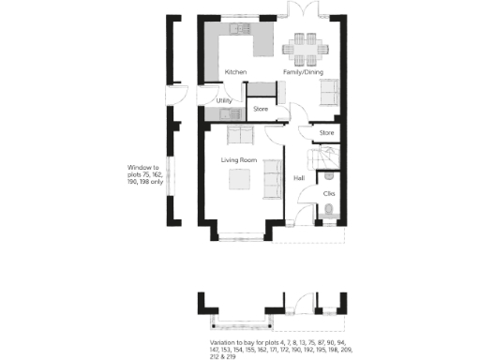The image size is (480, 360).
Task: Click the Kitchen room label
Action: pyautogui.click(x=235, y=71)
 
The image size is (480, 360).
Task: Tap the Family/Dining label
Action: pyautogui.click(x=303, y=71)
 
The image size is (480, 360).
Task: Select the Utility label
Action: pyautogui.click(x=224, y=100)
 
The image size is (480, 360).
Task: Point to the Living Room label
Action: pyautogui.click(x=239, y=160)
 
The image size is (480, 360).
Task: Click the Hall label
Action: pyautogui.click(x=299, y=176)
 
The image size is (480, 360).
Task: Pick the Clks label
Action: pyautogui.click(x=328, y=194)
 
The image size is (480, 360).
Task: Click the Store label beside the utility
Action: pyautogui.click(x=262, y=110)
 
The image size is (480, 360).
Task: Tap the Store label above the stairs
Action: pyautogui.click(x=326, y=133)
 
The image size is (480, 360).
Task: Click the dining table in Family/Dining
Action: pyautogui.click(x=306, y=44)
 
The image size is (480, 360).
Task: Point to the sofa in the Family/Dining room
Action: pyautogui.click(x=328, y=91)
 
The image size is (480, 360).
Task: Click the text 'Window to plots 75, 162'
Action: pyautogui.click(x=144, y=171)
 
